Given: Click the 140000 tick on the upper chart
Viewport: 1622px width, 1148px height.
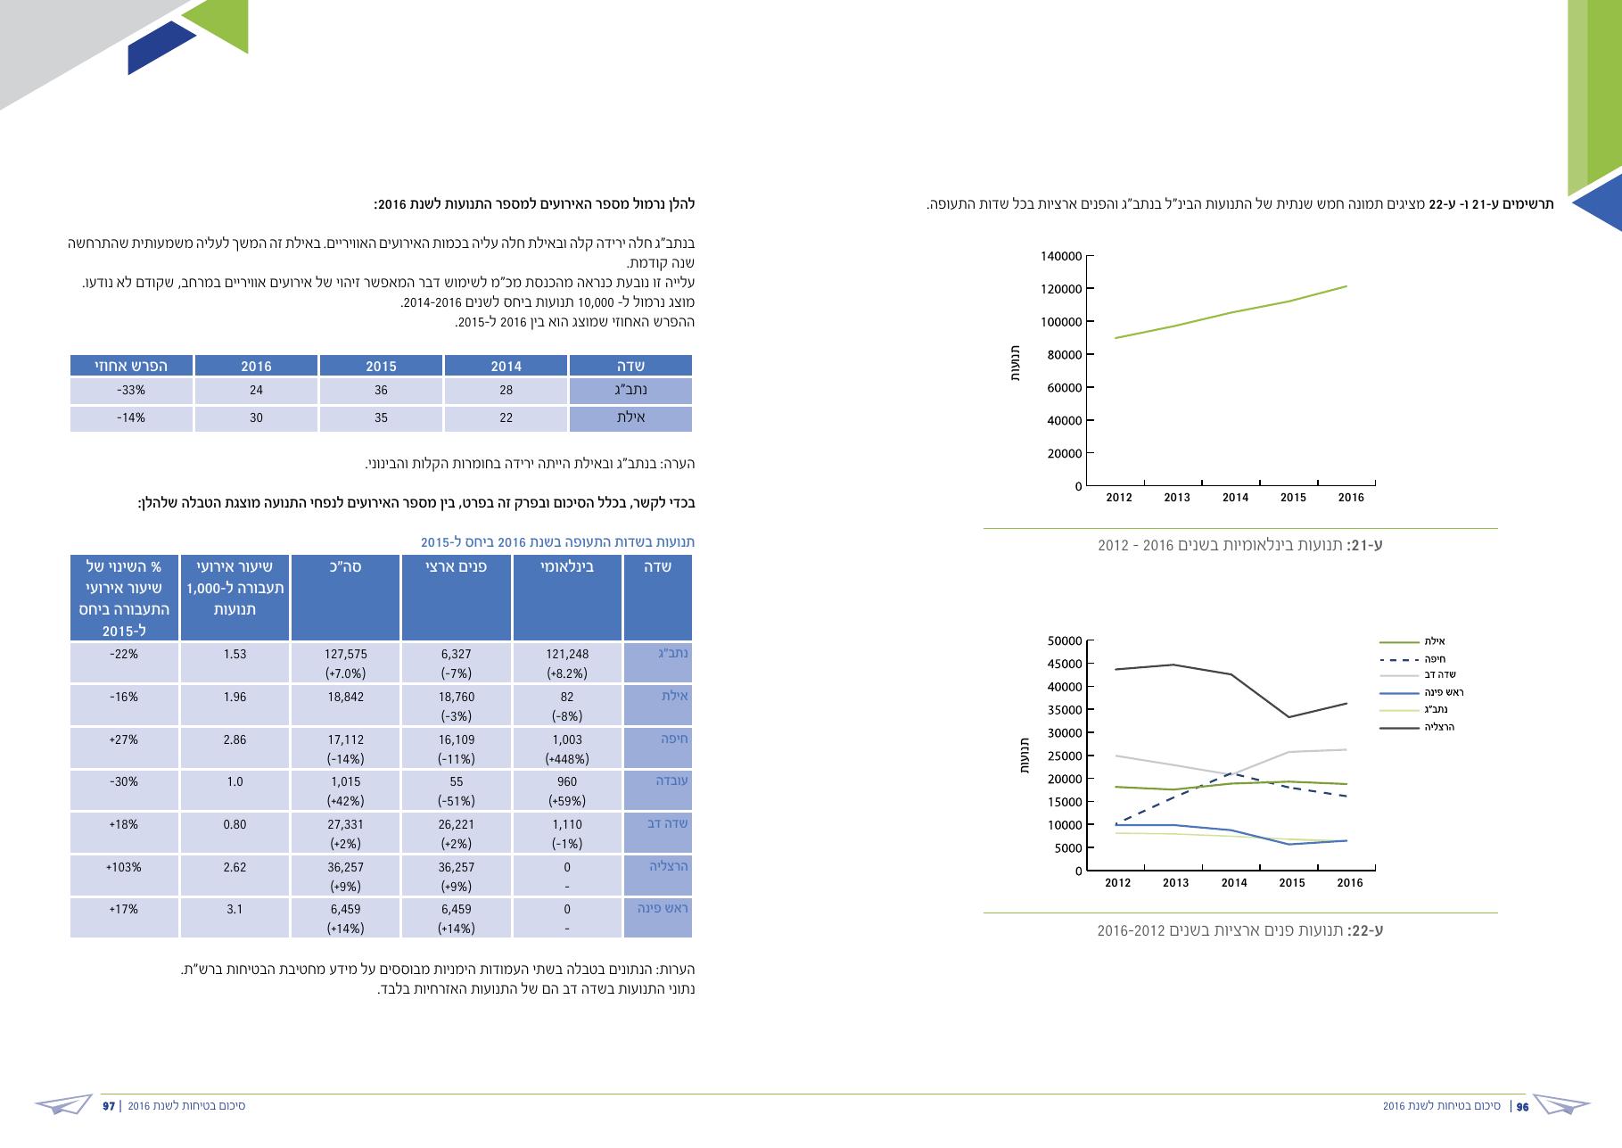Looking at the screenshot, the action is click(1061, 256).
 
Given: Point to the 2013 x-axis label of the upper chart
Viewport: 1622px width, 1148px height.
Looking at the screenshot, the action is click(1177, 498).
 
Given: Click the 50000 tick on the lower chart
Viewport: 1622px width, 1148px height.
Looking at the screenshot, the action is click(1065, 640).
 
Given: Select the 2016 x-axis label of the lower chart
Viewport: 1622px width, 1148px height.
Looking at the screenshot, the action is click(1350, 883).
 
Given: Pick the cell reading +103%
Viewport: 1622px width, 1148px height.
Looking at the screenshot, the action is click(123, 867).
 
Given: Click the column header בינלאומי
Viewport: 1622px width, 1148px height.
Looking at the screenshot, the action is click(567, 566).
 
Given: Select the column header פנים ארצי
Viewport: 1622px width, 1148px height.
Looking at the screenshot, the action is click(457, 566).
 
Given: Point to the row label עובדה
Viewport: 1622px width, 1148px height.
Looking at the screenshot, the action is click(672, 780).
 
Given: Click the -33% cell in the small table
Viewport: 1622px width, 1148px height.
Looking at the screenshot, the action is click(131, 391).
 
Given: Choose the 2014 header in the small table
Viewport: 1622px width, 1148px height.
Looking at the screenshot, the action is click(506, 366).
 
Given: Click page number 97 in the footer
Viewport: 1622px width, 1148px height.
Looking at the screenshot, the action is click(109, 1106).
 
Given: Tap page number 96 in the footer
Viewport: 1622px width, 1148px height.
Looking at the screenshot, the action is click(1523, 1106).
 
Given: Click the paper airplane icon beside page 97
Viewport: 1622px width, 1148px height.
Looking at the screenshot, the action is click(64, 1104).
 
